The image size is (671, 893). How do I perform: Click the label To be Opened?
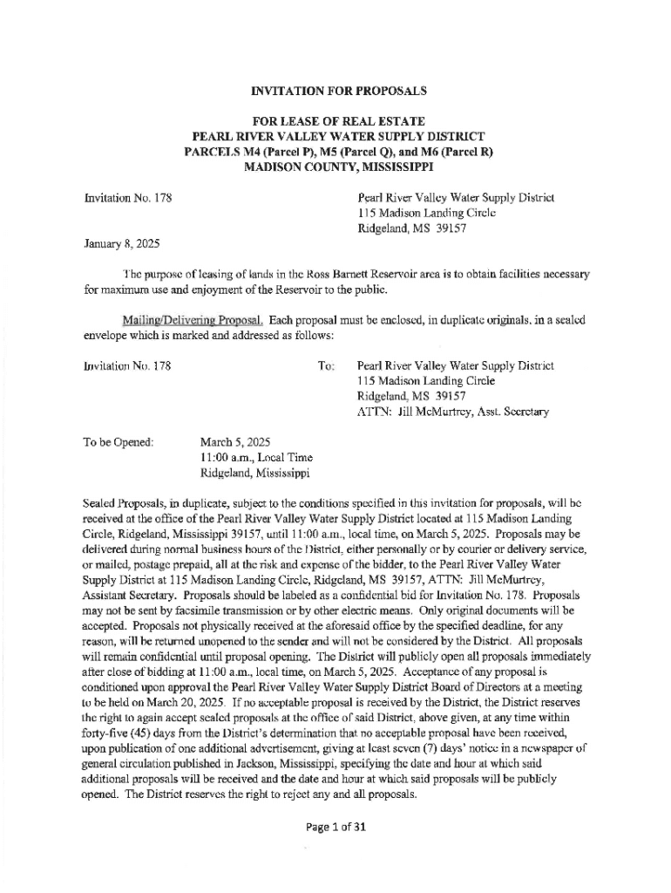click(x=119, y=442)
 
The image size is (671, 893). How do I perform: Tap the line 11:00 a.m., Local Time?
click(x=256, y=458)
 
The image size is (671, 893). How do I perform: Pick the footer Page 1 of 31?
click(x=334, y=828)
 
